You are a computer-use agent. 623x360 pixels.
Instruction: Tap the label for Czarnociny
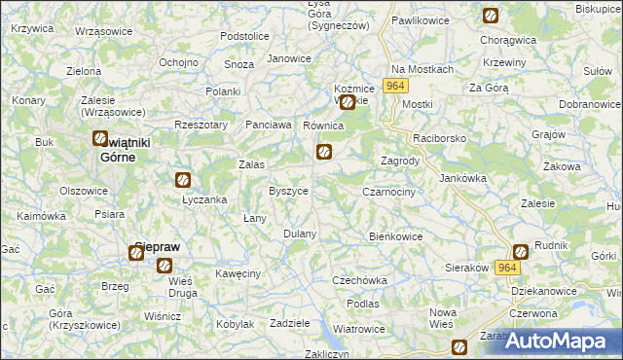click(388, 193)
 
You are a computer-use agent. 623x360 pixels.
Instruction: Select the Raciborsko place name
click(440, 139)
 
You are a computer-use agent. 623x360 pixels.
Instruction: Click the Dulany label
click(300, 234)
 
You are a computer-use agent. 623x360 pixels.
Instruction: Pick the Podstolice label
click(244, 36)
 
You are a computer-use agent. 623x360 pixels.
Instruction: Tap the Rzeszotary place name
click(200, 125)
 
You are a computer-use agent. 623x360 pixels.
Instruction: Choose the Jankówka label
click(462, 178)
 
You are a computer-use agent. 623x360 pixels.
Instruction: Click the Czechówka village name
click(360, 280)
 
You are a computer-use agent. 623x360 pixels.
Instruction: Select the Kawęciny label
click(238, 273)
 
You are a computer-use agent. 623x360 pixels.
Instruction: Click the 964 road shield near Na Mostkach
click(393, 86)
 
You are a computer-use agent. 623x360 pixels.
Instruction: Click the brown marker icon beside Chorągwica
click(491, 16)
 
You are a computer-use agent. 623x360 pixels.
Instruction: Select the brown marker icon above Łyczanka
click(182, 179)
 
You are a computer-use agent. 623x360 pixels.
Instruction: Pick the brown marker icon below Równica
click(324, 151)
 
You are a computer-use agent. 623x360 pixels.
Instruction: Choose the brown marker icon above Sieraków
click(520, 251)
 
